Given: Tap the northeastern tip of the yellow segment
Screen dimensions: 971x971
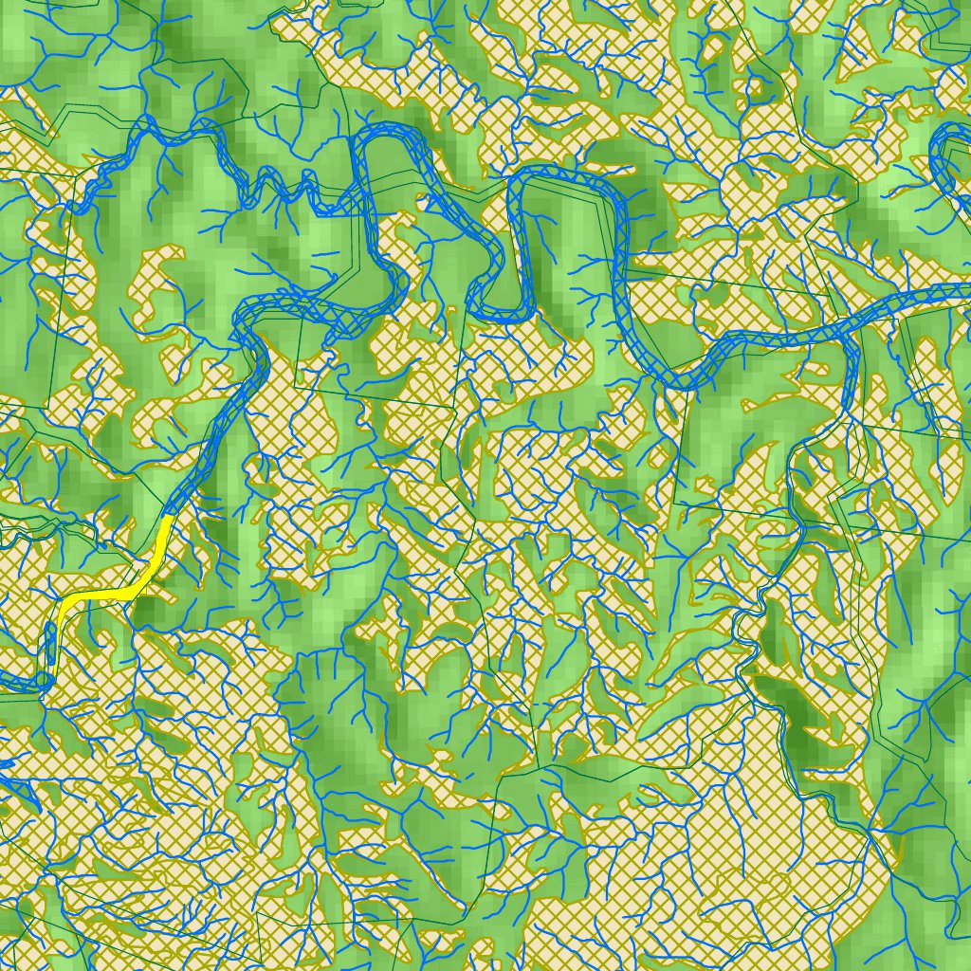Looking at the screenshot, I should point(168,519).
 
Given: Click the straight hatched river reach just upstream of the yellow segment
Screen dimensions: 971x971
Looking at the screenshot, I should point(204,455).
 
